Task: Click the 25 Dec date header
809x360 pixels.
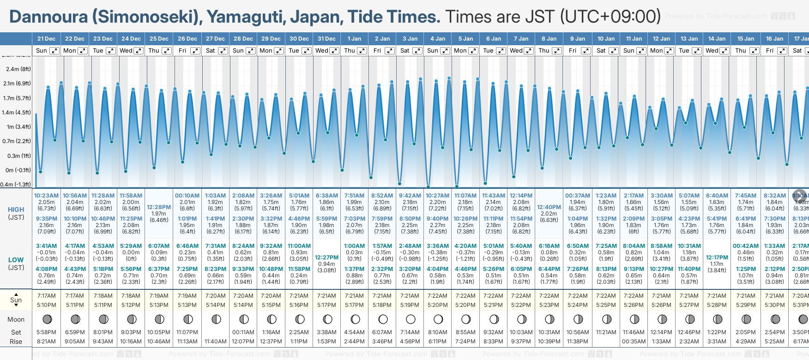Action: (159, 39)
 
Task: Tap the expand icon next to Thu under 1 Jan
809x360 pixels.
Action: (362, 51)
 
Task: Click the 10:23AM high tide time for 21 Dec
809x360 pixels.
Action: (46, 196)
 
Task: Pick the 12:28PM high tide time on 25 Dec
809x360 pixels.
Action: (159, 207)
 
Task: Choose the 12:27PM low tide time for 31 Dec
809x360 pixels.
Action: (326, 258)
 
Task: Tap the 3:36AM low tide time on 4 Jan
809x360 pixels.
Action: (438, 246)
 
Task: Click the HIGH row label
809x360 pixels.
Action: (16, 210)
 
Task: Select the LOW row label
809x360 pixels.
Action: (16, 260)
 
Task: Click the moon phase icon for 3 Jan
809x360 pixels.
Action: (411, 319)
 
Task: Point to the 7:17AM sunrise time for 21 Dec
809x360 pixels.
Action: (46, 296)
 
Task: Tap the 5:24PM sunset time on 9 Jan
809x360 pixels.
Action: (578, 305)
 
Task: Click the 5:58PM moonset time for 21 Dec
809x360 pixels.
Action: (46, 332)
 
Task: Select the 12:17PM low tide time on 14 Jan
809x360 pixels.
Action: (717, 258)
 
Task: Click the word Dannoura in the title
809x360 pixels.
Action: (48, 17)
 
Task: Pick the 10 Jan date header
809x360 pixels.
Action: (606, 39)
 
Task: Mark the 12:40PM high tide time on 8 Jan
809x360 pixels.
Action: (549, 207)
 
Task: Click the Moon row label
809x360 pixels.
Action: (16, 319)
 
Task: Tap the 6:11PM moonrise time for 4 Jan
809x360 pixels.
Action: (438, 342)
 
